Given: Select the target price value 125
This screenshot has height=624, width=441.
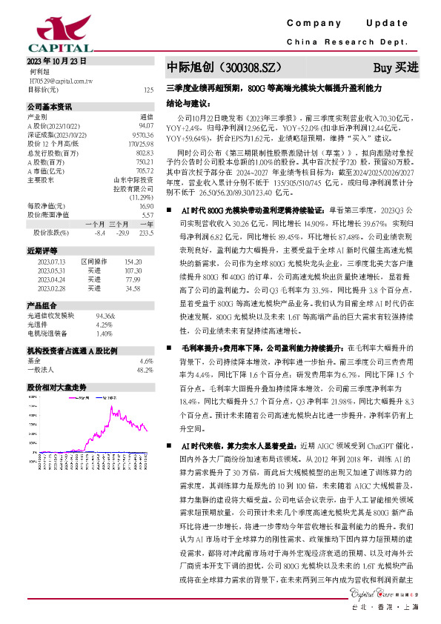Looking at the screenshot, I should (149, 90).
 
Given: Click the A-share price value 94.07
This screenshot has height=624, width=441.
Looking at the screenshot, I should (145, 125).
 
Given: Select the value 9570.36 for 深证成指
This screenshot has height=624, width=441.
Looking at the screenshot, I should (142, 134).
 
